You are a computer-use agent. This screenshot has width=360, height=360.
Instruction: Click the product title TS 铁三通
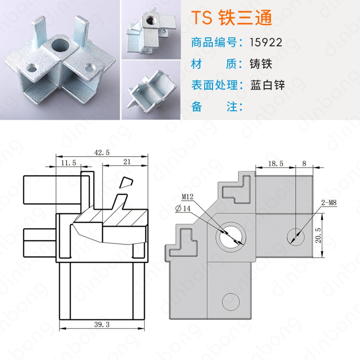point(231,18)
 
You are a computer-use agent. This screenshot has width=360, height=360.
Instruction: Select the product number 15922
point(266,42)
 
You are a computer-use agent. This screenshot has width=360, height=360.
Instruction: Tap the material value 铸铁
point(261,63)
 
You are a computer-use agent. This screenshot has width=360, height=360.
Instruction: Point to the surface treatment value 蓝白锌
point(267,85)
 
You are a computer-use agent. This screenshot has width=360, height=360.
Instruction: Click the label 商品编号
point(214,42)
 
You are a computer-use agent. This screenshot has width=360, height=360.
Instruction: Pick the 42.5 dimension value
point(102,153)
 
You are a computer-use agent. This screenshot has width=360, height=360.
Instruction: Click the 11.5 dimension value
point(68,162)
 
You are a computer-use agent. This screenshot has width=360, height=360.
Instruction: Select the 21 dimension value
point(127,162)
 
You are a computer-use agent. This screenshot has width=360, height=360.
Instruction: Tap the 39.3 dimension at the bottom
point(102,324)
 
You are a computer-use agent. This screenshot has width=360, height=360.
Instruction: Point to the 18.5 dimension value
point(276,163)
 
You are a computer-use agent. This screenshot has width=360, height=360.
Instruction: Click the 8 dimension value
point(304,163)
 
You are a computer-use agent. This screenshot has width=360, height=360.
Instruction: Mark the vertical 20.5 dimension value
point(318,235)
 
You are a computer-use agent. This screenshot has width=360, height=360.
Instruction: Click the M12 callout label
point(188,197)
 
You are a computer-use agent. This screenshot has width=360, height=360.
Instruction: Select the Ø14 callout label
point(183,208)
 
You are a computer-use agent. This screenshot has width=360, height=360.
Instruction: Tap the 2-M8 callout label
point(329,202)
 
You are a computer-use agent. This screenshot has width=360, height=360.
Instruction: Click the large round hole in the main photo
point(61,45)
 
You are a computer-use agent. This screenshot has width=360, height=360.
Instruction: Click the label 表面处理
point(214,85)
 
